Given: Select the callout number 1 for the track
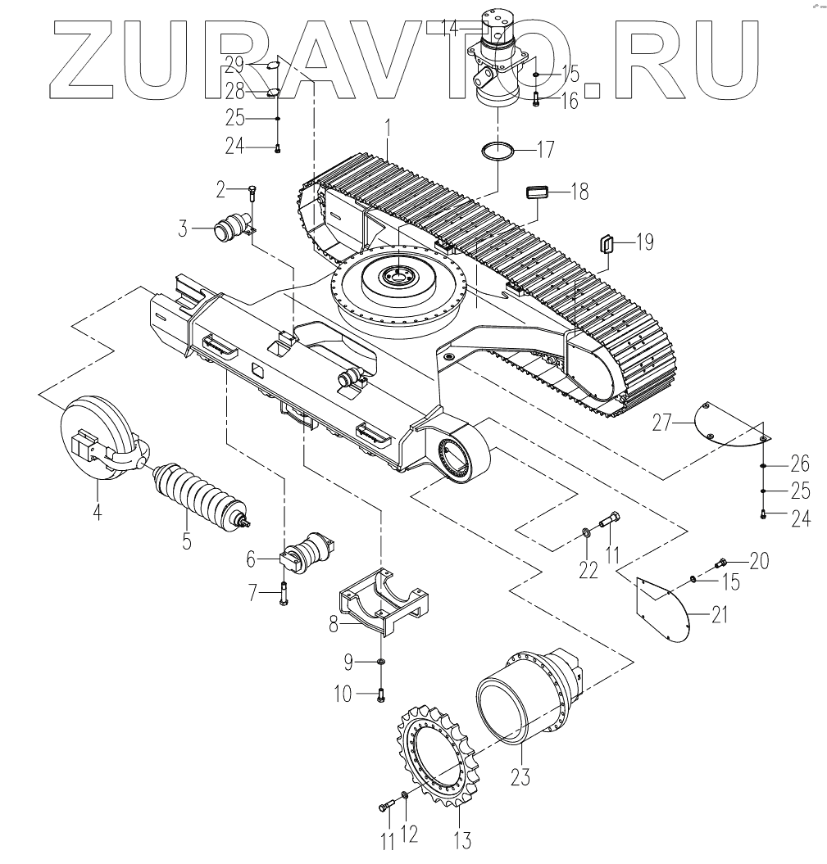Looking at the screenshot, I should pos(389,129).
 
